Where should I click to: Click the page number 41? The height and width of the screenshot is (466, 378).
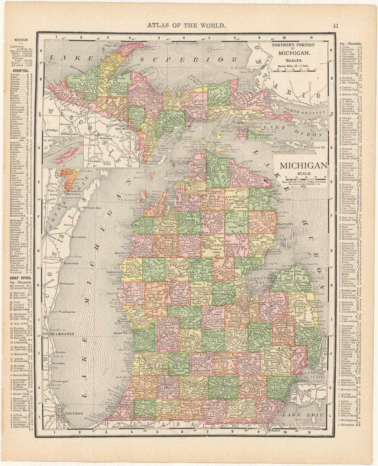tap(335, 25)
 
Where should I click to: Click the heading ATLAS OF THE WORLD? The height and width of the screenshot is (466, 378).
tap(186, 25)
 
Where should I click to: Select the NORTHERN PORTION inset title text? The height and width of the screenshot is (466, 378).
tap(293, 45)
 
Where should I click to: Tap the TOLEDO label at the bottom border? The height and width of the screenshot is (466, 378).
tap(275, 434)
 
